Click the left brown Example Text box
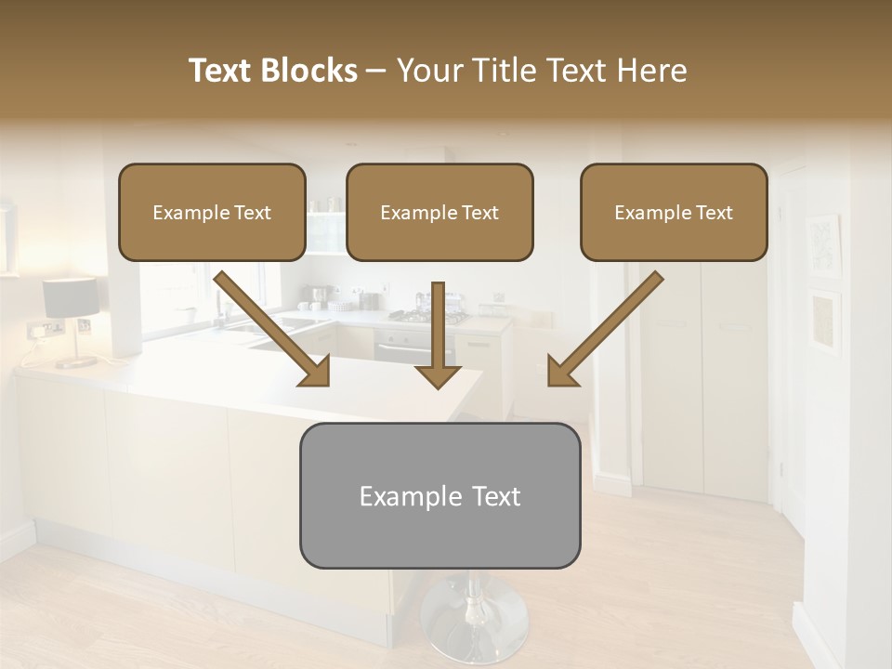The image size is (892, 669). (212, 212)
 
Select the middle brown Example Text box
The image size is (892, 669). (439, 212)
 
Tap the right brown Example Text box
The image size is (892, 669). (674, 212)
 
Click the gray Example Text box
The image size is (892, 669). (439, 495)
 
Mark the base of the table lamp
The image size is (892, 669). (74, 361)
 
